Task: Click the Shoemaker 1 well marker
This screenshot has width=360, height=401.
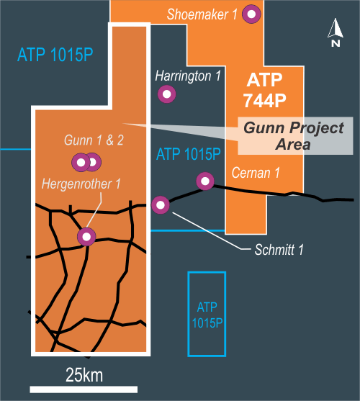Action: point(251,14)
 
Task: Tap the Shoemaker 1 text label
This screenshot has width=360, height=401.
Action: point(202,14)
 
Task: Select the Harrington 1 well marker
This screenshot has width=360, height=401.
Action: point(167,94)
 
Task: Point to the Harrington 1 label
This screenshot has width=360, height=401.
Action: point(188,76)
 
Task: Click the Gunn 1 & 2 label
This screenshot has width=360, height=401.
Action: point(94,140)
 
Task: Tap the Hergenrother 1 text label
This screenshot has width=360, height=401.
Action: point(81,184)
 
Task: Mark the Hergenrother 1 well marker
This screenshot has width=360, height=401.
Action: point(86,237)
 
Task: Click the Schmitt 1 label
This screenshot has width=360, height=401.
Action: point(279,250)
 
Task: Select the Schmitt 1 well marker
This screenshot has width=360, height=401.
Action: point(161,205)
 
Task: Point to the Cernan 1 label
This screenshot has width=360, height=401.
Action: point(256,173)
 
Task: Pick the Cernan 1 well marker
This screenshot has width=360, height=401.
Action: point(205,181)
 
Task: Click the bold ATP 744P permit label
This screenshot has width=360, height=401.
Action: point(265,90)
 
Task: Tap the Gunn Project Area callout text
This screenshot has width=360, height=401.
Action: point(294,136)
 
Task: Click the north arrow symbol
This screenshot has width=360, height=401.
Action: point(336,28)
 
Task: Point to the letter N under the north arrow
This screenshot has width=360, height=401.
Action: point(336,43)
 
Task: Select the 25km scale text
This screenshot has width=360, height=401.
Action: point(84,375)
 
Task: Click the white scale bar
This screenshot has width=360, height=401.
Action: point(84,389)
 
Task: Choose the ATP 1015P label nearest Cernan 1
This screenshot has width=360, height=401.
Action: point(189,154)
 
